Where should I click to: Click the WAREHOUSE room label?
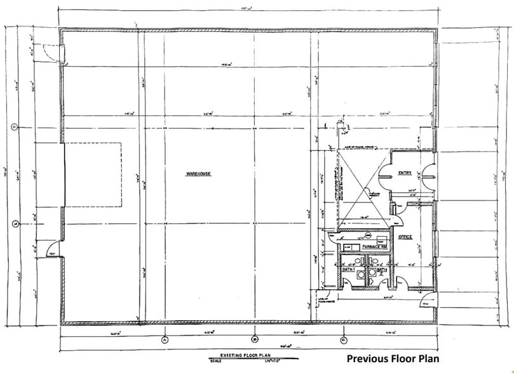coord(198,173)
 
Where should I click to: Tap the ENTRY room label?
coord(405,173)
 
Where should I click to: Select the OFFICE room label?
coord(405,237)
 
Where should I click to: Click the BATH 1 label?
coord(348,270)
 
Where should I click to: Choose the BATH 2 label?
coord(381,271)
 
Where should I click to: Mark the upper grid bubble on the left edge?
coord(14,126)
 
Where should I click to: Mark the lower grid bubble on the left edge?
coord(14,223)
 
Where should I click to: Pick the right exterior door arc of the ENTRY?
coord(428,172)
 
